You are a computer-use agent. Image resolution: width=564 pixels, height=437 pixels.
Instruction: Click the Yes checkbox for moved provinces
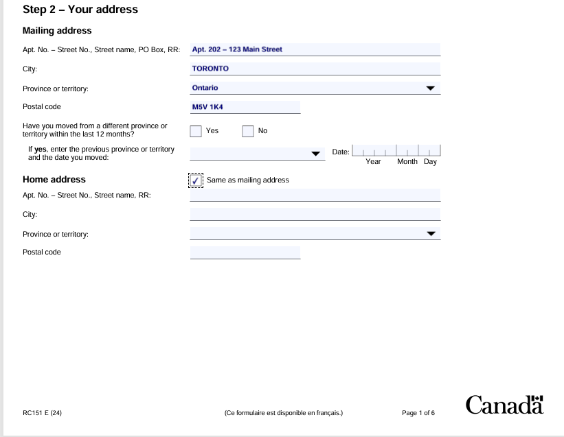pos(196,131)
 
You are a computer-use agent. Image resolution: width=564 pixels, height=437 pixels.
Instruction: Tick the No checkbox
pos(248,131)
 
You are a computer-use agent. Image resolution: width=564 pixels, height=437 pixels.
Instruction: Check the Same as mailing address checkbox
pos(196,180)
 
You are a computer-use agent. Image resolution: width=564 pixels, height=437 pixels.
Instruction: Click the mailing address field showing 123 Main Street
pos(315,49)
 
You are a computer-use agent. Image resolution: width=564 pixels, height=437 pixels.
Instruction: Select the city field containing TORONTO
pos(315,69)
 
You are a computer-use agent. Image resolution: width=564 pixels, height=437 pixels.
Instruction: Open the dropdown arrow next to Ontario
pos(431,88)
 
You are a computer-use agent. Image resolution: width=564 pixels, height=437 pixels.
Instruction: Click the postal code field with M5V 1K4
pos(245,107)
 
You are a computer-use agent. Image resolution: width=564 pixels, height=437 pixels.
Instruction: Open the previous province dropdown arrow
pos(316,154)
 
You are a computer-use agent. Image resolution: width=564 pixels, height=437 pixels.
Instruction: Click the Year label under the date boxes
pos(373,162)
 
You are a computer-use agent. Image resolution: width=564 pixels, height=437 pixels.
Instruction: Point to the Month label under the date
pos(407,162)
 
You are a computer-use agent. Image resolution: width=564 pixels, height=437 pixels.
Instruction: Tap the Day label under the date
pos(430,162)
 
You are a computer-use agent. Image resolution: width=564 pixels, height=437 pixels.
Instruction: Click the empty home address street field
pos(315,196)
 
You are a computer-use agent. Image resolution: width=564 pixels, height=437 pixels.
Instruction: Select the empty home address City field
pos(315,215)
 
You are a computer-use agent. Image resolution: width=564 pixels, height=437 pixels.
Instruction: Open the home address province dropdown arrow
pos(431,234)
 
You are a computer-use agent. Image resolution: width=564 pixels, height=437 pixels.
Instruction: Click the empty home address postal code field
pos(245,252)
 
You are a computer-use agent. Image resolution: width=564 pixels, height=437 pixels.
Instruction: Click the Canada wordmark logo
pos(504,405)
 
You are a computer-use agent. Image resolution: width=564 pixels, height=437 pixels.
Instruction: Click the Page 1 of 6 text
pos(418,413)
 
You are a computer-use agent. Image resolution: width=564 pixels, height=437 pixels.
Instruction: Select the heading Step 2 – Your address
pos(80,10)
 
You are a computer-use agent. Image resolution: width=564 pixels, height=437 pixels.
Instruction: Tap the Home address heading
pos(54,180)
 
